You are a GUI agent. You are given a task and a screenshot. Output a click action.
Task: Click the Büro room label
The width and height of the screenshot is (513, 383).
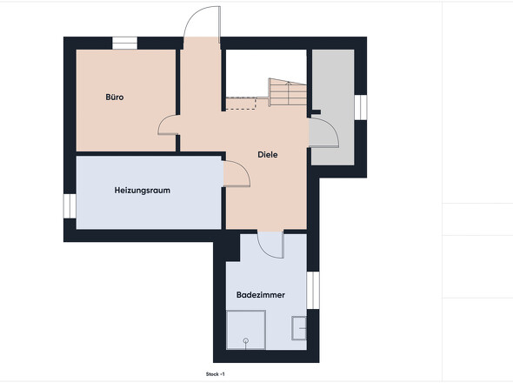(115, 97)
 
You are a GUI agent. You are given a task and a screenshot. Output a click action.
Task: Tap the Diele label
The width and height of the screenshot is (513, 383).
(268, 155)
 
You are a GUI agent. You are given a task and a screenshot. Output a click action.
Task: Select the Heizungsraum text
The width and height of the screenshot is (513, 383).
(143, 191)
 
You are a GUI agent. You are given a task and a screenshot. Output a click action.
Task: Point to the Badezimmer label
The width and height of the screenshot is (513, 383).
(261, 295)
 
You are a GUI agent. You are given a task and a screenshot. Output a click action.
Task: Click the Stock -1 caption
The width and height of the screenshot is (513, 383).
(216, 374)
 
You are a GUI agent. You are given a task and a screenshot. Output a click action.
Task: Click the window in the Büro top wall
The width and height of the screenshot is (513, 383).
(124, 44)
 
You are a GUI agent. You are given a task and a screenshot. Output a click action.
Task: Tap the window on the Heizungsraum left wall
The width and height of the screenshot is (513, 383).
(70, 206)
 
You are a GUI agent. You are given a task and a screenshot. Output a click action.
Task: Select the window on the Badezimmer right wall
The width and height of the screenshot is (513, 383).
(313, 290)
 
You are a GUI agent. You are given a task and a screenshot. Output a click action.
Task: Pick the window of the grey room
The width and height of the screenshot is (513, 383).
(361, 107)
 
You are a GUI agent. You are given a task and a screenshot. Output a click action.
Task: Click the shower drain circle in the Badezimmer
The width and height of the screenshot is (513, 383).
(246, 341)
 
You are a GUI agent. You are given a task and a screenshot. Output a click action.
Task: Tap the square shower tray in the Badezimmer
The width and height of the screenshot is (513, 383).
(246, 330)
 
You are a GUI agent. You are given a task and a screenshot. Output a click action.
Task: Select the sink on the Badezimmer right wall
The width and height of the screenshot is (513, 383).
(299, 328)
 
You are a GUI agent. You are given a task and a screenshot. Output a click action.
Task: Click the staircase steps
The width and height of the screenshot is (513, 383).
(288, 92)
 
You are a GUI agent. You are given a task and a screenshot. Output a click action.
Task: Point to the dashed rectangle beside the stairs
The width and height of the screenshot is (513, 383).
(241, 104)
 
